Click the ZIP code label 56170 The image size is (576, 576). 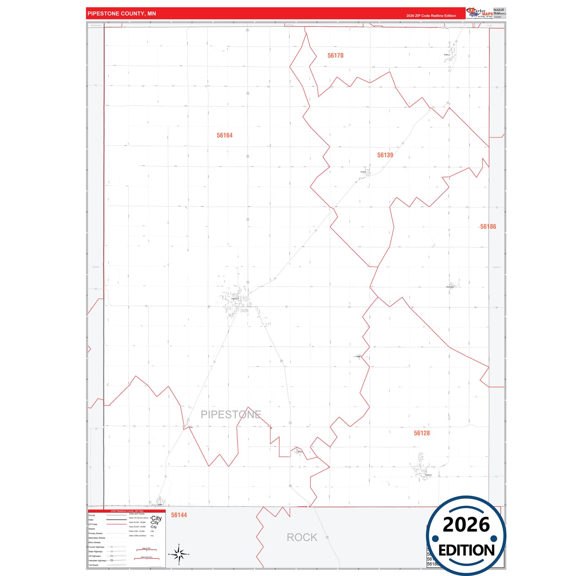(335, 55)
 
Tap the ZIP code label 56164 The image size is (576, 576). (224, 136)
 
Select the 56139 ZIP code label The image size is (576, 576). (385, 155)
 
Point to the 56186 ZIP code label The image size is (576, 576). (488, 226)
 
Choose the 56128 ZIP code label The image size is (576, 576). (422, 433)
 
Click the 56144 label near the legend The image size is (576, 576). (179, 515)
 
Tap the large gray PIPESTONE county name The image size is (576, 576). (231, 415)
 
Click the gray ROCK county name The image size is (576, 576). (302, 537)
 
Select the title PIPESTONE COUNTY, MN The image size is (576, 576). (122, 14)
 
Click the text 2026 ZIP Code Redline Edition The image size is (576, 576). (431, 16)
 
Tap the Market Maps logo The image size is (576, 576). (480, 13)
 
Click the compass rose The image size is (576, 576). (179, 554)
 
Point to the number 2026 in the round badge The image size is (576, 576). (466, 525)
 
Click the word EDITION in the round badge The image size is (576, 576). (466, 550)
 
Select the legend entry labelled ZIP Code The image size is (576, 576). (93, 524)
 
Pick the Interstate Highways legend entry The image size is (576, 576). (97, 560)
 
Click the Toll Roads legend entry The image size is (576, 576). (93, 565)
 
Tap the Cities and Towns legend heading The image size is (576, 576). (137, 514)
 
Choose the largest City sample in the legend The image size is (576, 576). (156, 518)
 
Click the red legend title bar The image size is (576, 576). (127, 511)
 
